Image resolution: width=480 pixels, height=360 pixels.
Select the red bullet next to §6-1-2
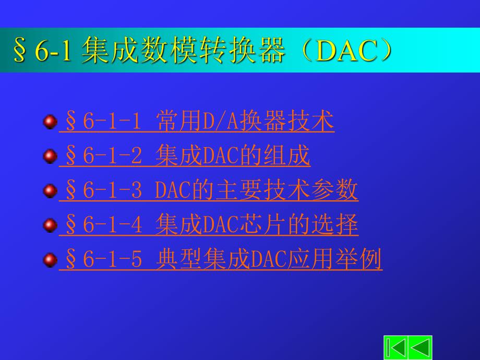[50, 157]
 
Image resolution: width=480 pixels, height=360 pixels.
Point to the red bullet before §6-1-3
[50, 191]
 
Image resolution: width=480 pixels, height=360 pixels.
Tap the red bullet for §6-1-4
[50, 225]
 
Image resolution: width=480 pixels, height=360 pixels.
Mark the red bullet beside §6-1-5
[50, 260]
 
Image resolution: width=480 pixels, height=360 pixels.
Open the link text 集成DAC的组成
[233, 157]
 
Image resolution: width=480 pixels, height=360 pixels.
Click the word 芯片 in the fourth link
[263, 225]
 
